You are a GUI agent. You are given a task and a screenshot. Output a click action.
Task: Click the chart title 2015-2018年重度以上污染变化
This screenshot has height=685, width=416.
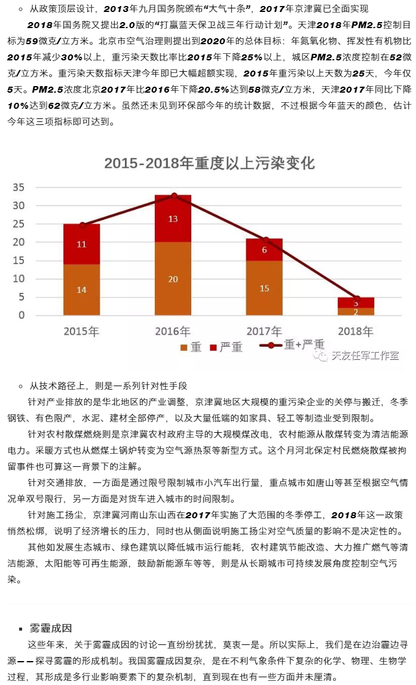pos(209,164)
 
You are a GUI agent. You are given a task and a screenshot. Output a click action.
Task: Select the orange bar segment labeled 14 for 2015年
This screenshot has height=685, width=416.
pos(81,289)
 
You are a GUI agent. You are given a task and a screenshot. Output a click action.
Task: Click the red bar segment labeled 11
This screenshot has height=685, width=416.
pos(81,244)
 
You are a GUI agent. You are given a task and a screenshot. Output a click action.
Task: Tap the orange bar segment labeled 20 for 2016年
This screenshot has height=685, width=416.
pos(173,279)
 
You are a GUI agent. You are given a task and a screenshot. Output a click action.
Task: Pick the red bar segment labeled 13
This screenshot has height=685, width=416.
pos(173,219)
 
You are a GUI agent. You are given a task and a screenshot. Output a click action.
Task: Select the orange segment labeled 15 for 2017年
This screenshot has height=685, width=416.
pos(264,288)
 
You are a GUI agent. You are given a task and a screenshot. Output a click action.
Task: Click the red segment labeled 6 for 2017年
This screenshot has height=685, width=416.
pos(264,250)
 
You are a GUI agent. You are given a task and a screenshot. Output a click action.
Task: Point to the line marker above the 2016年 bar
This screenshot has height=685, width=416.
pos(174,195)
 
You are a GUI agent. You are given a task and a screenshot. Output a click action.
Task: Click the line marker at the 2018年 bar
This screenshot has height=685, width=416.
pos(357,298)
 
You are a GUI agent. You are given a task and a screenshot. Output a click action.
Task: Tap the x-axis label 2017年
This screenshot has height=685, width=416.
pos(264,331)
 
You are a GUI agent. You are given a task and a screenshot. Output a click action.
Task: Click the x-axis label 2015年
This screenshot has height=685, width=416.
pos(81,331)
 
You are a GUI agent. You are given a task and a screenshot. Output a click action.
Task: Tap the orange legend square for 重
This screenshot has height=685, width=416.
pos(183,347)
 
